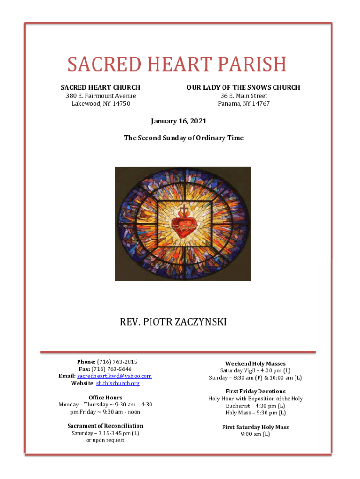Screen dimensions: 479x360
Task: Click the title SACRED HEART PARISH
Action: click(176, 64)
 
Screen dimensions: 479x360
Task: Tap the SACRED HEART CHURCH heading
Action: click(101, 87)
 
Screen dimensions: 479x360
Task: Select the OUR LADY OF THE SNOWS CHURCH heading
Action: click(243, 87)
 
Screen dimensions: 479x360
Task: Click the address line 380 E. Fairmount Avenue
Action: click(101, 96)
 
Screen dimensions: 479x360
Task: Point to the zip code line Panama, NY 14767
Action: click(244, 103)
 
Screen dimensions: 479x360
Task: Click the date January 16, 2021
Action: click(179, 121)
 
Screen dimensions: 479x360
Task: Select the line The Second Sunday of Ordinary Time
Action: click(183, 138)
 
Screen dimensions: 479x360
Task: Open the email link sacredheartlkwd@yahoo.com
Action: click(115, 376)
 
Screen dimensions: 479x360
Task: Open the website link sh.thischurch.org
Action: click(118, 384)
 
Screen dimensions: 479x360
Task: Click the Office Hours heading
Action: click(105, 398)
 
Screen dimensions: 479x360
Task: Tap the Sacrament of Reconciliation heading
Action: click(105, 426)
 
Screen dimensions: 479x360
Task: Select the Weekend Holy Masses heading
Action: click(255, 363)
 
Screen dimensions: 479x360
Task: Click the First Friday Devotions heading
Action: click(255, 391)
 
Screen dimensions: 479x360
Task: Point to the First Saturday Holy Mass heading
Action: click(255, 427)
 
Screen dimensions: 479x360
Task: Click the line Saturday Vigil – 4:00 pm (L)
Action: click(255, 370)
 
